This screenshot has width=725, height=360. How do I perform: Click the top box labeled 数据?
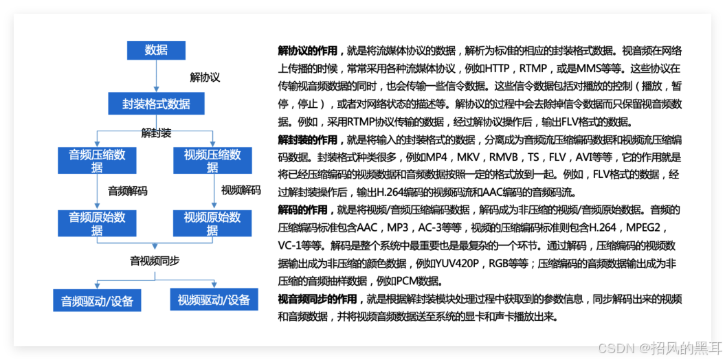pyautogui.click(x=156, y=50)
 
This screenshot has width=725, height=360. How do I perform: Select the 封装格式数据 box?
pyautogui.click(x=156, y=104)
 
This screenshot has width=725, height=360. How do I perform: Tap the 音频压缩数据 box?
pyautogui.click(x=97, y=161)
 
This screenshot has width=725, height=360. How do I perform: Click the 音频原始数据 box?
pyautogui.click(x=97, y=224)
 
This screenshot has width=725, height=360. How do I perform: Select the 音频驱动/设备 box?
pyautogui.click(x=97, y=301)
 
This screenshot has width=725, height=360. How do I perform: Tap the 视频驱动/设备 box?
pyautogui.click(x=213, y=300)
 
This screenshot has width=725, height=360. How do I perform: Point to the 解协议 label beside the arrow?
pyautogui.click(x=205, y=78)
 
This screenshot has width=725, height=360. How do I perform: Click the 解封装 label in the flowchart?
pyautogui.click(x=156, y=131)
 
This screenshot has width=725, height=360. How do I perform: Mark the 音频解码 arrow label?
pyautogui.click(x=127, y=190)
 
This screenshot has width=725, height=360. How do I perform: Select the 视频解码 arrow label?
pyautogui.click(x=241, y=190)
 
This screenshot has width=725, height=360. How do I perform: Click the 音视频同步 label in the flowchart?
pyautogui.click(x=155, y=261)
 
